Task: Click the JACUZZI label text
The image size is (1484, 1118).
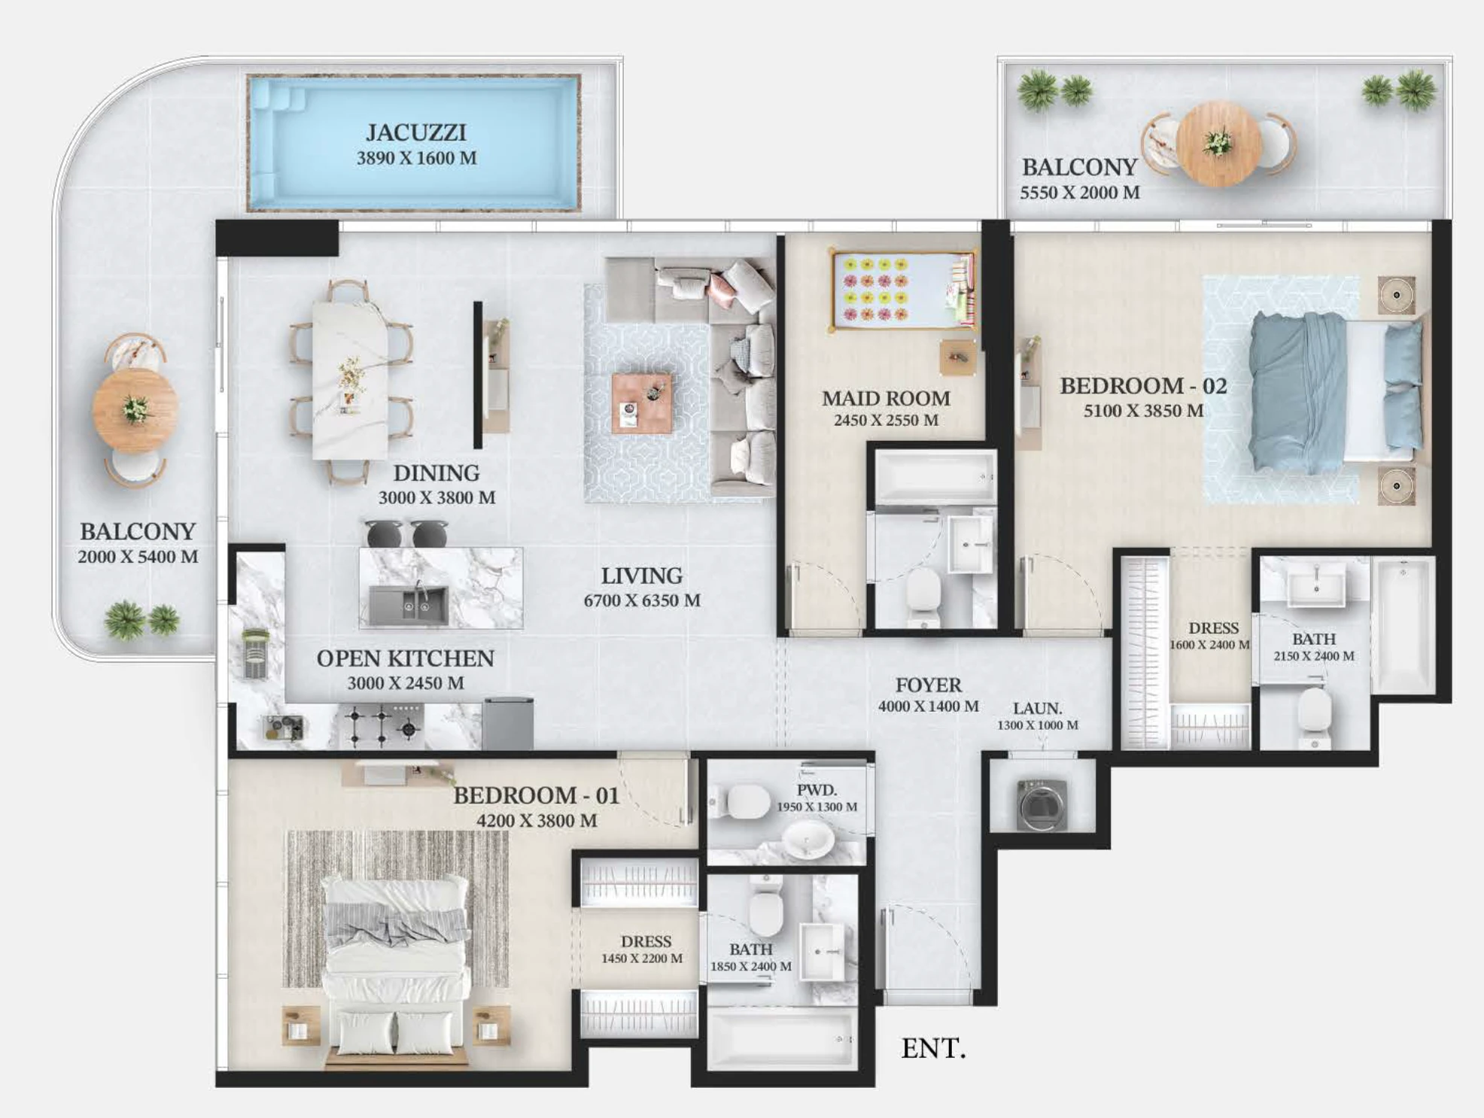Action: click(x=416, y=132)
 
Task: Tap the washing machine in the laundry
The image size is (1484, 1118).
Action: click(x=1042, y=804)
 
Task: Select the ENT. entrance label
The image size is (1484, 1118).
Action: click(x=933, y=1048)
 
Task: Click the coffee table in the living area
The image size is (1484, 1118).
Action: click(x=642, y=403)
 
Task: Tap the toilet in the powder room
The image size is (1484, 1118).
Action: click(x=741, y=801)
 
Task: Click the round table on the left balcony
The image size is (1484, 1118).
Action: click(x=135, y=409)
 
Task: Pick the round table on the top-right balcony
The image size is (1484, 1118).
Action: click(x=1218, y=143)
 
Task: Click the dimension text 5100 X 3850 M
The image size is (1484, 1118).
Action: click(x=1143, y=411)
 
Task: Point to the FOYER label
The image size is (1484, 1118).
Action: click(x=929, y=685)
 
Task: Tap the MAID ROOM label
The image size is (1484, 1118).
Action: click(x=886, y=398)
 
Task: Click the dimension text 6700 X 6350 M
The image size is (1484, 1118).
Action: click(x=642, y=600)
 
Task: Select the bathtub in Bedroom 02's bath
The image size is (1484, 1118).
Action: click(x=1403, y=625)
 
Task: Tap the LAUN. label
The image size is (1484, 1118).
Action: click(x=1037, y=708)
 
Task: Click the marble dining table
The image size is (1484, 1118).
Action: click(x=351, y=380)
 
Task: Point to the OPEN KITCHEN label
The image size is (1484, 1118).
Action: click(x=405, y=658)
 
